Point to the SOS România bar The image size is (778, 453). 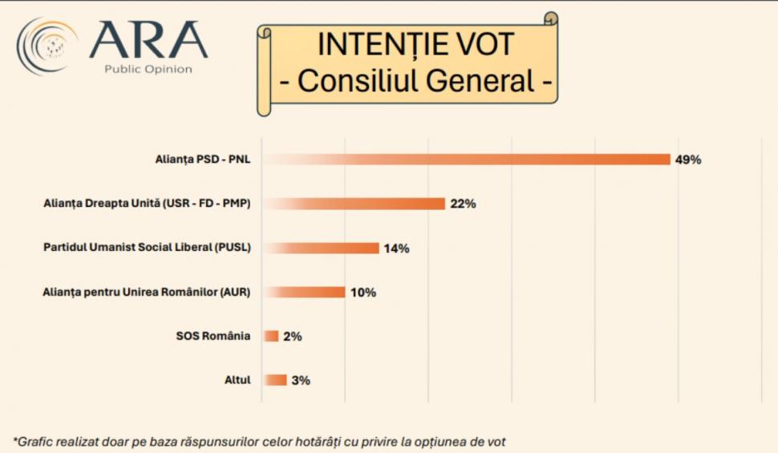(x=271, y=336)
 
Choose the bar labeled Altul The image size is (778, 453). (x=275, y=380)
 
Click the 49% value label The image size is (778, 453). (x=688, y=160)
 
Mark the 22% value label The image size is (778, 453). (x=463, y=204)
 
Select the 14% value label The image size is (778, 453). (x=396, y=249)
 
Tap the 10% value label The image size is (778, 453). (x=363, y=293)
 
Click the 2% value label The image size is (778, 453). (x=292, y=337)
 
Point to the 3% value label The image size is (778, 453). (x=301, y=381)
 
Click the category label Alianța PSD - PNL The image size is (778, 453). (x=203, y=160)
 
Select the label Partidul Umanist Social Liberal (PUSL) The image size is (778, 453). (x=147, y=248)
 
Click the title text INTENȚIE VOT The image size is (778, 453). (x=416, y=44)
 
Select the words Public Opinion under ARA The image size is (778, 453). (x=148, y=69)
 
